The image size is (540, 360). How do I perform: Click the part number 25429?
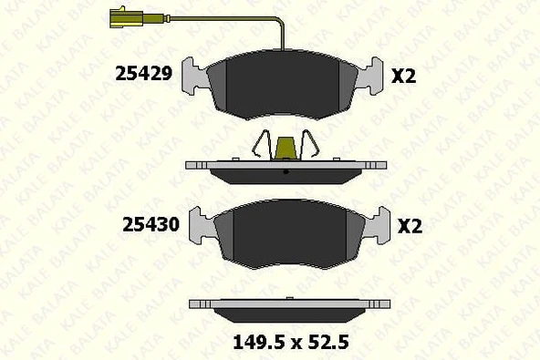(143, 74)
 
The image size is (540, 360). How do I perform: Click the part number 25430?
(151, 225)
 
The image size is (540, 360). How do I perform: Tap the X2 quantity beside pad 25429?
(403, 76)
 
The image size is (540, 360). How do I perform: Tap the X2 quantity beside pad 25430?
(410, 226)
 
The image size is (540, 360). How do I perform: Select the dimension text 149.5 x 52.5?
(291, 343)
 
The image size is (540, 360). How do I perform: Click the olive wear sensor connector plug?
(126, 18)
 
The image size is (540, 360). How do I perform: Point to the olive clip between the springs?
(287, 149)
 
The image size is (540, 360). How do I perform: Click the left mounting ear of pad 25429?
(194, 76)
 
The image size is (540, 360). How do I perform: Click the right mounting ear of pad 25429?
(369, 76)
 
